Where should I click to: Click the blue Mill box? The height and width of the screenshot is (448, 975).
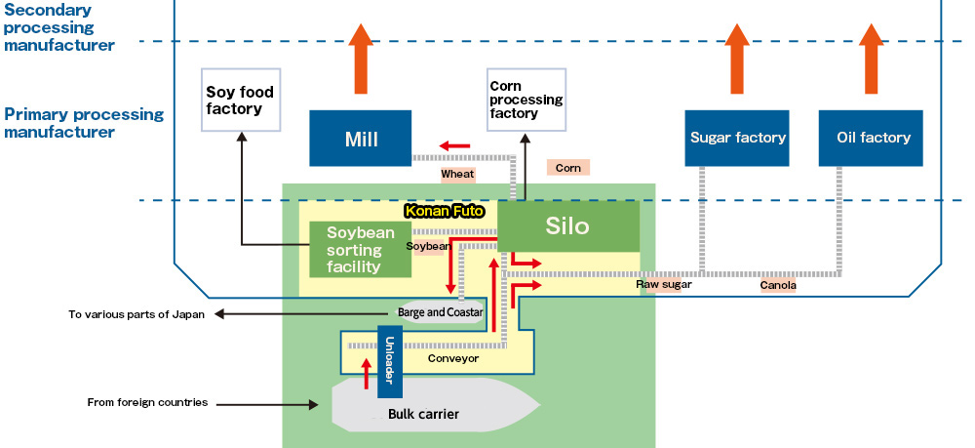pyautogui.click(x=360, y=138)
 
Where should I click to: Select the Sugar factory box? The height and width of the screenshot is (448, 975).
pyautogui.click(x=737, y=138)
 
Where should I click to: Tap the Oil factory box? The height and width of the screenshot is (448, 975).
pyautogui.click(x=873, y=138)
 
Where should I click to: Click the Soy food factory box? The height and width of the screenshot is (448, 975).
pyautogui.click(x=240, y=100)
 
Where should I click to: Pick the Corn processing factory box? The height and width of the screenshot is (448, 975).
pyautogui.click(x=526, y=100)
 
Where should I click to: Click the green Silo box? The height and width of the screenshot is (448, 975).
pyautogui.click(x=567, y=226)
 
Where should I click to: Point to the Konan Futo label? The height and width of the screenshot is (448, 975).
pyautogui.click(x=444, y=210)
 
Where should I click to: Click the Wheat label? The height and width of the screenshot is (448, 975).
pyautogui.click(x=457, y=174)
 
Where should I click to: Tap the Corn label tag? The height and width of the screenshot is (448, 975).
pyautogui.click(x=567, y=168)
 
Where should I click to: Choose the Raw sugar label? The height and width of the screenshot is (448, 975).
pyautogui.click(x=664, y=285)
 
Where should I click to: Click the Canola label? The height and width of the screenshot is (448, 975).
pyautogui.click(x=778, y=285)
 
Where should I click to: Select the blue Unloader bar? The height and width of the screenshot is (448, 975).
pyautogui.click(x=389, y=361)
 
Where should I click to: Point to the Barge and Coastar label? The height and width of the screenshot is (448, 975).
pyautogui.click(x=441, y=312)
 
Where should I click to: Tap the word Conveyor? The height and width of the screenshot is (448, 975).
pyautogui.click(x=453, y=358)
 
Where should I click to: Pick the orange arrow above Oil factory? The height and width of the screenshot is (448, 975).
pyautogui.click(x=873, y=59)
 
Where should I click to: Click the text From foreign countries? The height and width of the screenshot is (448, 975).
pyautogui.click(x=147, y=402)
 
